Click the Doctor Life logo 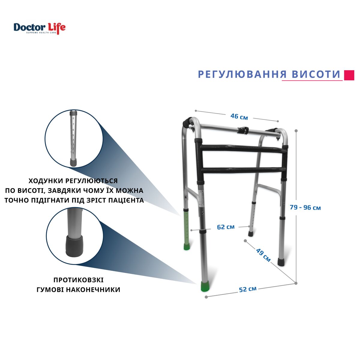click(40, 28)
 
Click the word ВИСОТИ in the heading click(316, 74)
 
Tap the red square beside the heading click(349, 75)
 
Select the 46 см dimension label click(239, 117)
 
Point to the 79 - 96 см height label click(305, 208)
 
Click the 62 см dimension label click(226, 227)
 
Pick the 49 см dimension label click(263, 255)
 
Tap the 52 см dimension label click(248, 289)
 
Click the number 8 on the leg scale click(73, 118)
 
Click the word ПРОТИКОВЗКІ click(79, 280)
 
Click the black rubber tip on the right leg click(281, 262)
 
